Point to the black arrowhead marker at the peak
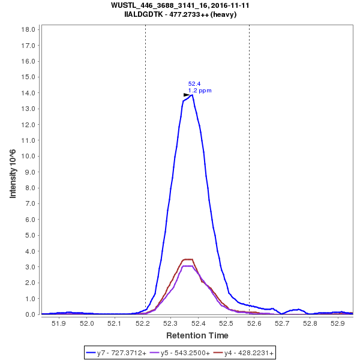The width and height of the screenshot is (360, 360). (x=187, y=95)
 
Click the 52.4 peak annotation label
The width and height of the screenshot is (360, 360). (x=194, y=84)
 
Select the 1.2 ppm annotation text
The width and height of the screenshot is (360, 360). (x=200, y=91)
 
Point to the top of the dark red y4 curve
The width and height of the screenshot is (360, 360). (x=188, y=259)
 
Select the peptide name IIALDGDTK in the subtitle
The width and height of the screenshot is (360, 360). (x=142, y=14)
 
